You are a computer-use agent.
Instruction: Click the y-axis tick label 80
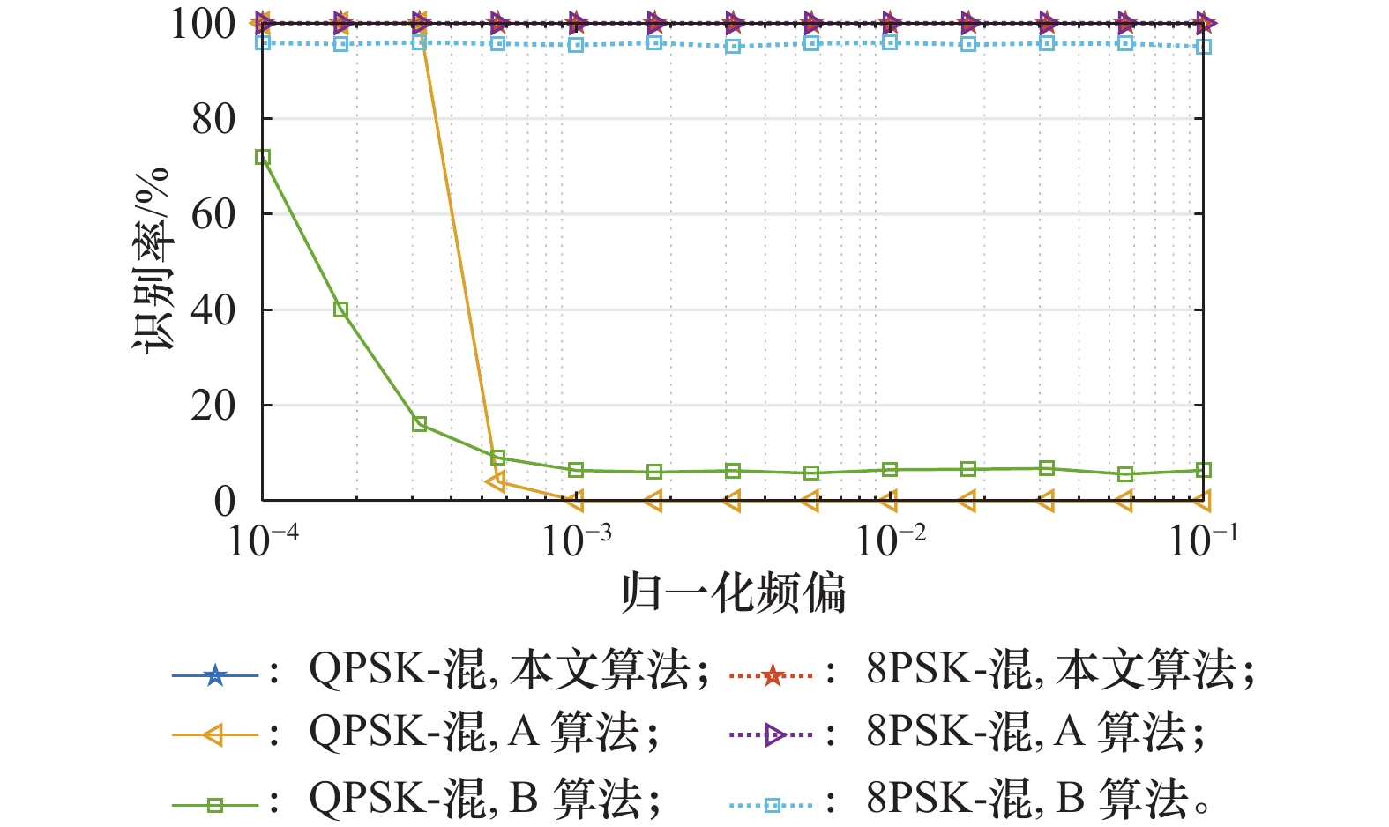click(x=213, y=119)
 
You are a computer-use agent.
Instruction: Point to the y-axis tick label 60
click(x=213, y=214)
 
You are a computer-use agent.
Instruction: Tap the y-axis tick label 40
click(x=213, y=310)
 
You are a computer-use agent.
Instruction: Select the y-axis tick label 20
click(x=213, y=406)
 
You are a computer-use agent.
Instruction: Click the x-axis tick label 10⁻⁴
click(x=263, y=539)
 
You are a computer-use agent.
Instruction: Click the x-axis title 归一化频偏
click(x=734, y=593)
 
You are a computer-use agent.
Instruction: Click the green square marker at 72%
click(x=263, y=157)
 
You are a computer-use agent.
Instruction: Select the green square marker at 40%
click(x=341, y=309)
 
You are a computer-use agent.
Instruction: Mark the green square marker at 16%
click(x=420, y=424)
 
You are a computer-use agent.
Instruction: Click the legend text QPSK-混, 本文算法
click(x=508, y=670)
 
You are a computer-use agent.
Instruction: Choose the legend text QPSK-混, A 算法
click(x=483, y=733)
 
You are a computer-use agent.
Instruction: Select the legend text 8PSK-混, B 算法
click(x=1037, y=799)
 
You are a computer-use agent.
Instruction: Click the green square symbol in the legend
click(x=215, y=804)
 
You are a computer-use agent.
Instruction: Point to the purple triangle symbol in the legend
click(x=773, y=734)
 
